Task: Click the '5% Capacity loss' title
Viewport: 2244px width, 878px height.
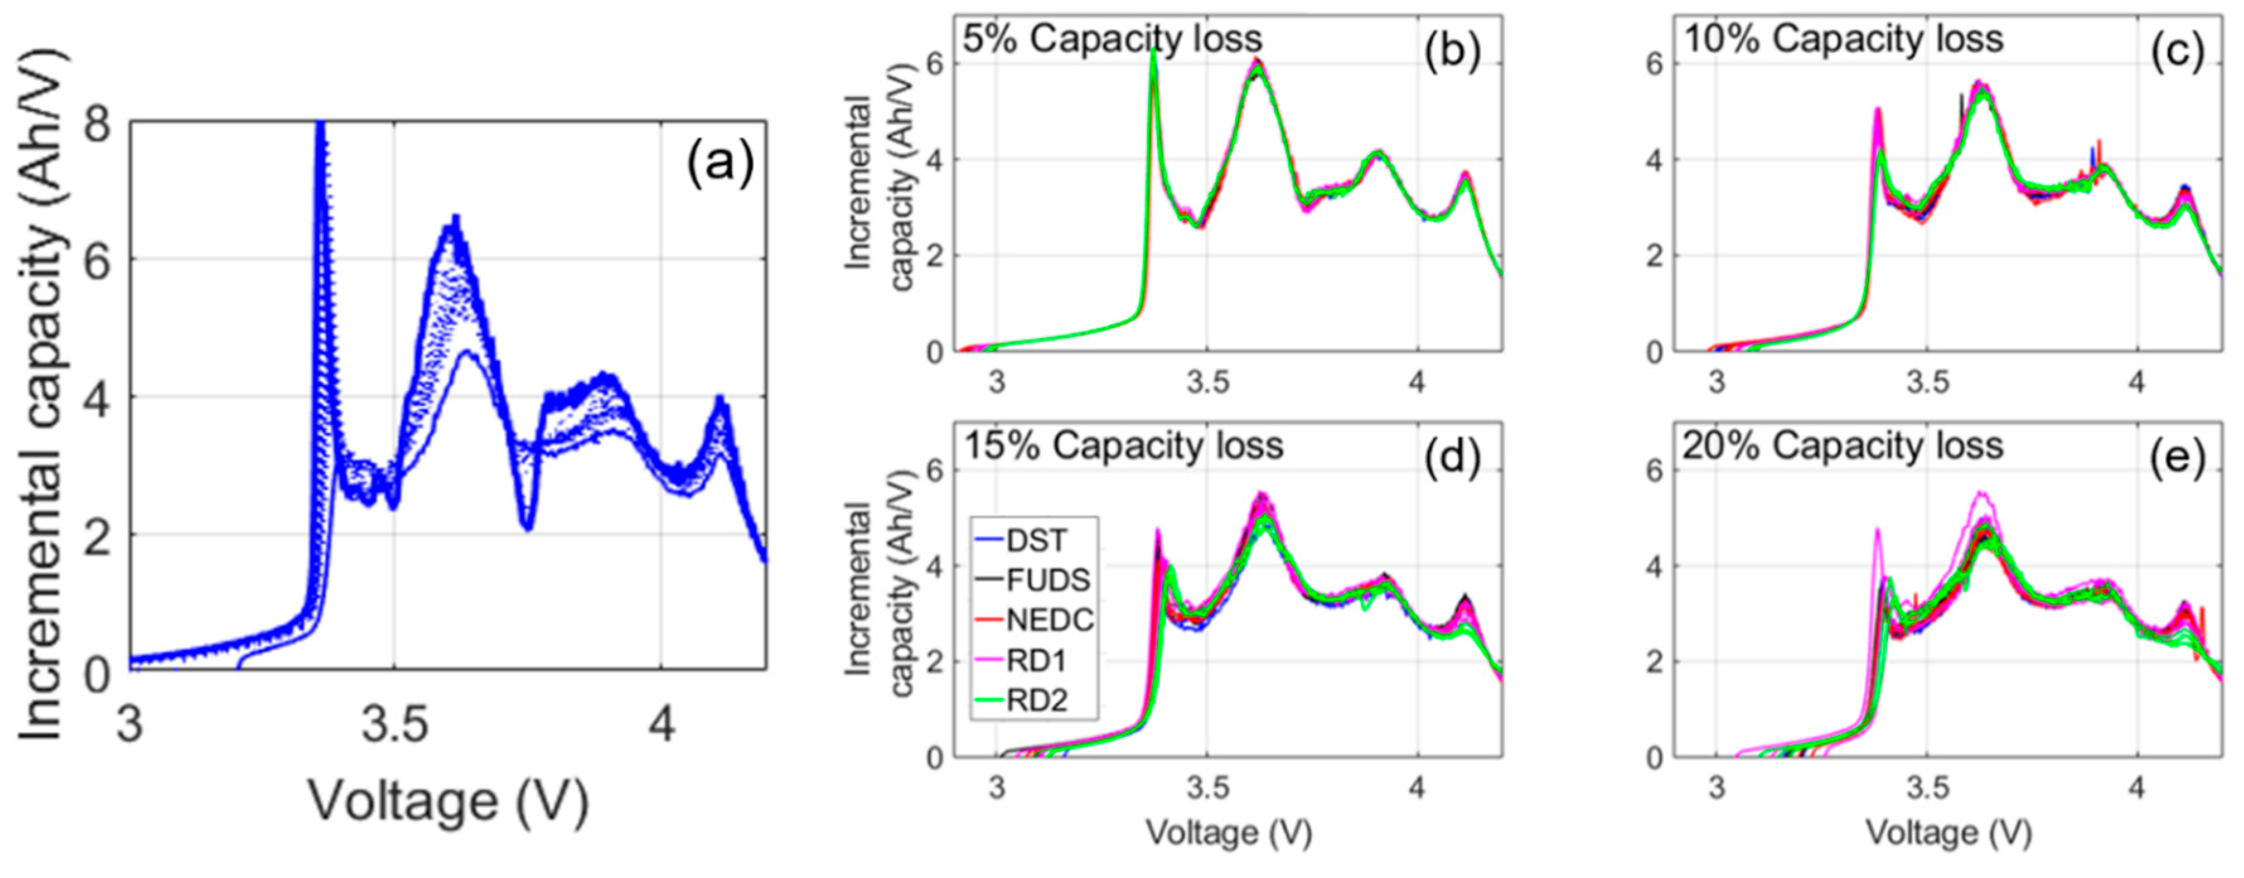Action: click(1112, 39)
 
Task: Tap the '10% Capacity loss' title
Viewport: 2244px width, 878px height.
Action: click(1843, 39)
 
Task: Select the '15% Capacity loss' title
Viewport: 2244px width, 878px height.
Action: click(1123, 446)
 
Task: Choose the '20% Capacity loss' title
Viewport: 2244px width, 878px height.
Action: click(1843, 446)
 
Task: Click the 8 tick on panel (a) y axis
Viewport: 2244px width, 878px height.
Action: click(98, 125)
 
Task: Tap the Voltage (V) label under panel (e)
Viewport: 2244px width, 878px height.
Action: click(1948, 833)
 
